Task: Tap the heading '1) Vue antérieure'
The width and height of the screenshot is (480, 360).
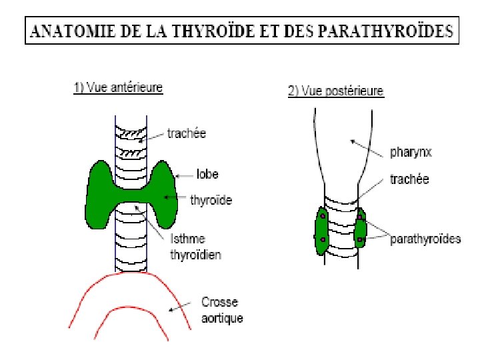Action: (118, 87)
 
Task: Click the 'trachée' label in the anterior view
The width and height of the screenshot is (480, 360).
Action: (187, 133)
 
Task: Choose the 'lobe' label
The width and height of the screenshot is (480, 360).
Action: (207, 174)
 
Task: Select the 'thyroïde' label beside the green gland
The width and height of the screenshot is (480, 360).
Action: (211, 199)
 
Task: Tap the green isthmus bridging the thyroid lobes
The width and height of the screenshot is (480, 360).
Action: (133, 195)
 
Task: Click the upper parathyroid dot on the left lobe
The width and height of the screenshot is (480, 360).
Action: (323, 217)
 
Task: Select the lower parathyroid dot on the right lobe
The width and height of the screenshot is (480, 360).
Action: (360, 239)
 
